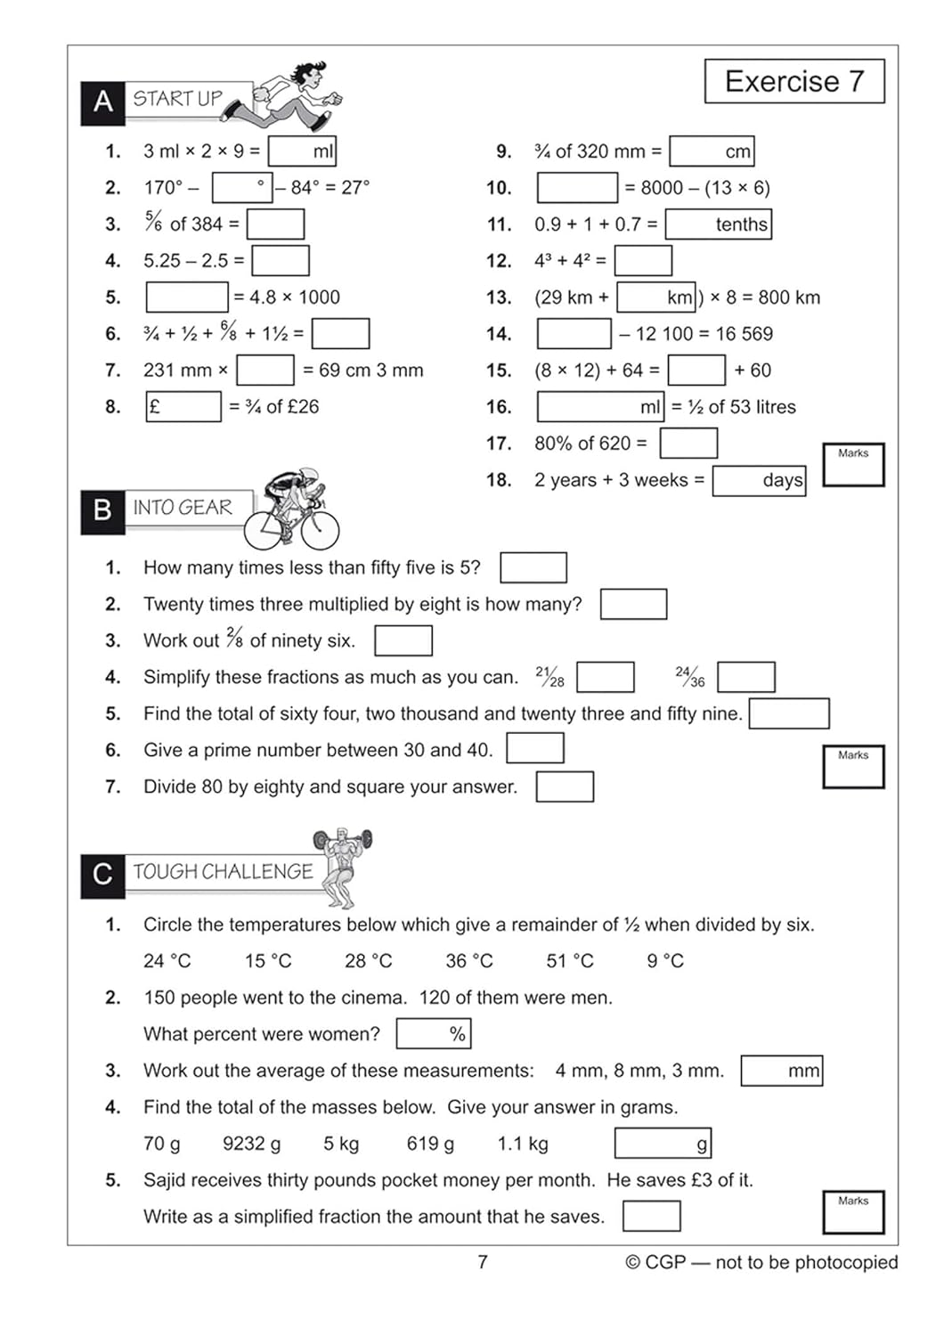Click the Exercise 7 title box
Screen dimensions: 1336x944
[794, 82]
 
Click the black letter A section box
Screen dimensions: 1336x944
[102, 102]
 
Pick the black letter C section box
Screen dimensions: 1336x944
[102, 874]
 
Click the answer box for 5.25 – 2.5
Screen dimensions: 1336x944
[281, 261]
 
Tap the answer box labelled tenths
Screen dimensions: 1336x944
[718, 224]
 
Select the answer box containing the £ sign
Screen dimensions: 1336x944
[183, 407]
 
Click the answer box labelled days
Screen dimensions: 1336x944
[759, 481]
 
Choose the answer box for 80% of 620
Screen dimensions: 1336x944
[688, 444]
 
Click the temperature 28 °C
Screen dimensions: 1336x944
[368, 961]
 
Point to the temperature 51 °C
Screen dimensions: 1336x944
[569, 961]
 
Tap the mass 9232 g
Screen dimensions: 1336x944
[251, 1144]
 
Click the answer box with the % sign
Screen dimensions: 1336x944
[433, 1034]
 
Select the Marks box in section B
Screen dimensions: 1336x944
[853, 768]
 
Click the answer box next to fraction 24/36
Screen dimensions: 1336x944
[745, 677]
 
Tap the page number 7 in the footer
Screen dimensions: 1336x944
[483, 1262]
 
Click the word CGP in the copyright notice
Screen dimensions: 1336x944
[665, 1262]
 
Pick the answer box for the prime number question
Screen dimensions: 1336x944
[534, 749]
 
